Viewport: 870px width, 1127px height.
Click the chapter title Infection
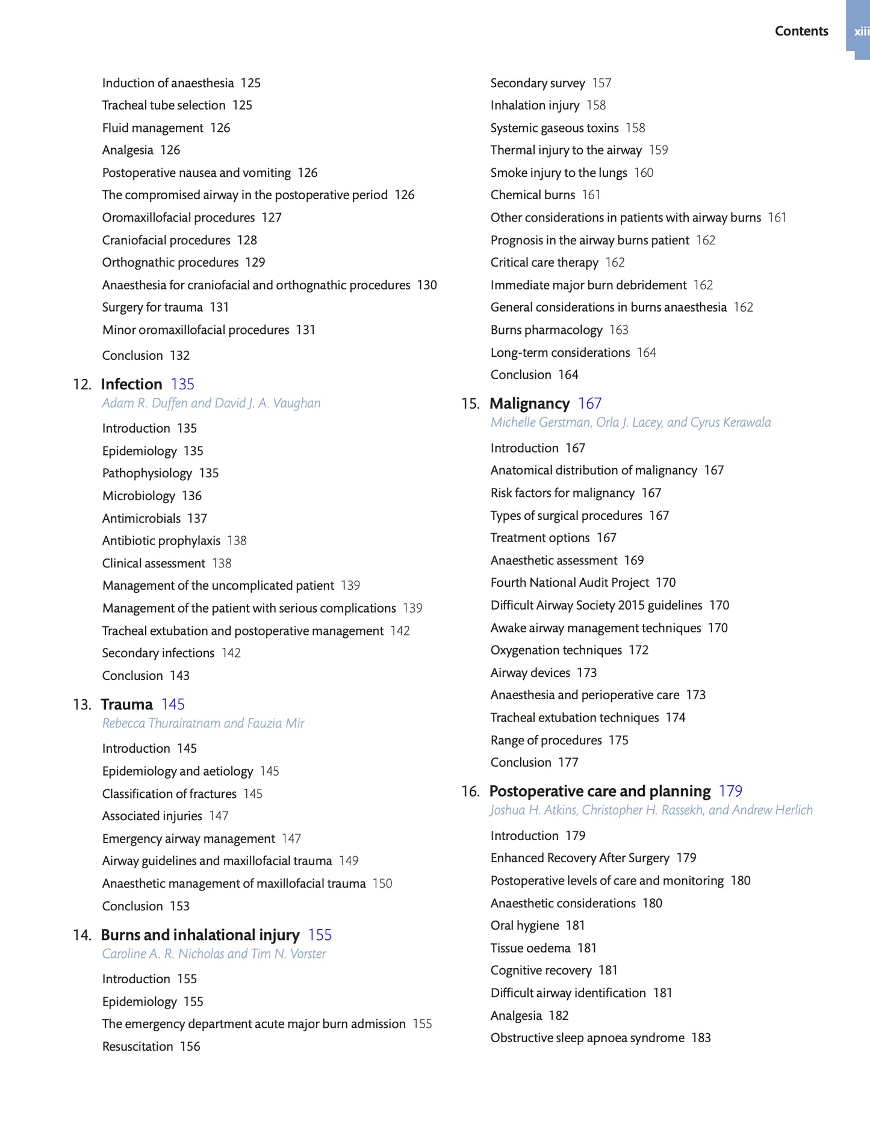coord(131,384)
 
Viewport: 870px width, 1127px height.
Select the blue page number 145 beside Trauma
coord(173,704)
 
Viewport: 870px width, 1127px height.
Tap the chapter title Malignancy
coord(529,403)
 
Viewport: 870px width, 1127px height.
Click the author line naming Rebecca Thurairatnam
coord(203,723)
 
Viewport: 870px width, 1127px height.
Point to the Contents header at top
coord(801,31)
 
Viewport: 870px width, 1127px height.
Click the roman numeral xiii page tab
coord(860,31)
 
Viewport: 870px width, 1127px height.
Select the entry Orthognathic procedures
coord(170,262)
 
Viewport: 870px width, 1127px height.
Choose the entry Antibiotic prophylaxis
coord(161,540)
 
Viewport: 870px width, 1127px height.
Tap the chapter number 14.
coord(81,934)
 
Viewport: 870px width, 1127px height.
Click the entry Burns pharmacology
coord(546,330)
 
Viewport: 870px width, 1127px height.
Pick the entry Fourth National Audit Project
coord(570,582)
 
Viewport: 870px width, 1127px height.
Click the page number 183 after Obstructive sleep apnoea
coord(701,1037)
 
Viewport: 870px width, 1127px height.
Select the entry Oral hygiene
coord(524,925)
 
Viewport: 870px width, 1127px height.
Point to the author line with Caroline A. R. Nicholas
coord(214,953)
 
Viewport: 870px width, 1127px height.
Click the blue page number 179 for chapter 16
coord(730,791)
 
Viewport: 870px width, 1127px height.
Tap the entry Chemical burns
coord(532,195)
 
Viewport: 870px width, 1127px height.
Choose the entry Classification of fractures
coord(169,794)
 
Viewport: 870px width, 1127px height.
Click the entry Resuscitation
coord(137,1046)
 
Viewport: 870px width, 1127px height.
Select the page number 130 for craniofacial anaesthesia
coord(427,285)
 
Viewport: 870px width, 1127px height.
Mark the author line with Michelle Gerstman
coord(630,422)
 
